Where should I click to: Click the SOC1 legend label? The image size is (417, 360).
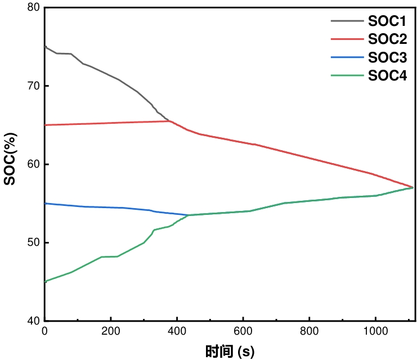pos(387,21)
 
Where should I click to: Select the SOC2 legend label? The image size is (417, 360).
pos(387,39)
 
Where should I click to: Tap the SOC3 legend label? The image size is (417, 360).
pos(387,57)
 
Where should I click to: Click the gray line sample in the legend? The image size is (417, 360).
pos(347,21)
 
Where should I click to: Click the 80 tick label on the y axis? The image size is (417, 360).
pos(34,7)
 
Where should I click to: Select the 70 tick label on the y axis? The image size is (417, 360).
pos(34,85)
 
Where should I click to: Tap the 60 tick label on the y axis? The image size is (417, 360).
pos(34,164)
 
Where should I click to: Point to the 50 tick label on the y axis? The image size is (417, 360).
pos(34,242)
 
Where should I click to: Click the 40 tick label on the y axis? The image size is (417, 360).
pos(34,321)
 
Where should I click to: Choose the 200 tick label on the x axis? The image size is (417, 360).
pos(111,331)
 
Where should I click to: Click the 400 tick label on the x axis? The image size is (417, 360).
pos(177,331)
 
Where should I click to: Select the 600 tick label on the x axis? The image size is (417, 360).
pos(243,331)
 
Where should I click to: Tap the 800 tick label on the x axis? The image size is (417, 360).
pos(309,331)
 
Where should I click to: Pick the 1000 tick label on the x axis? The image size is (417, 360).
pos(375,331)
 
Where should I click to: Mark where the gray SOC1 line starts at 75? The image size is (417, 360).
pos(45,47)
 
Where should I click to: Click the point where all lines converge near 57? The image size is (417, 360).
pos(412,187)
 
